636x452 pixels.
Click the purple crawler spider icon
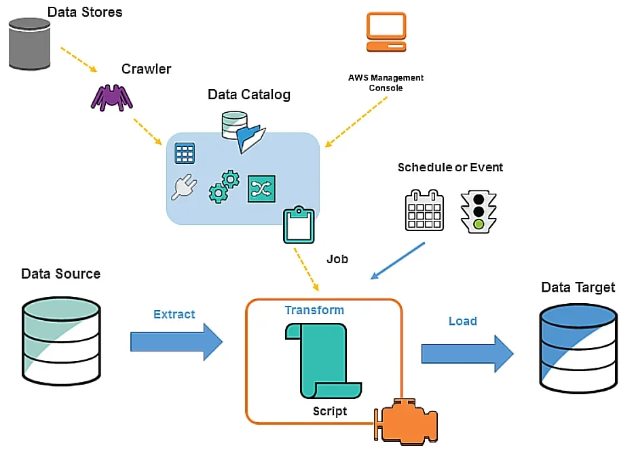click(112, 97)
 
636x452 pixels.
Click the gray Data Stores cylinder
click(30, 44)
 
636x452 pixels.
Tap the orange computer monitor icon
click(386, 32)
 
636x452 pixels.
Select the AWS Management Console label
click(386, 83)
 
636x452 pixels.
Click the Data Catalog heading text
click(248, 94)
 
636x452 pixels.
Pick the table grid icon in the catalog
click(185, 153)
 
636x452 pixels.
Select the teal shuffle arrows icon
click(261, 188)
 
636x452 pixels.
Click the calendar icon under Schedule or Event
click(424, 210)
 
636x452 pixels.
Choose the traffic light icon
click(478, 210)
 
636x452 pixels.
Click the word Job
click(337, 259)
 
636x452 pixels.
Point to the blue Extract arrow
click(176, 341)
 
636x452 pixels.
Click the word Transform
click(314, 310)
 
